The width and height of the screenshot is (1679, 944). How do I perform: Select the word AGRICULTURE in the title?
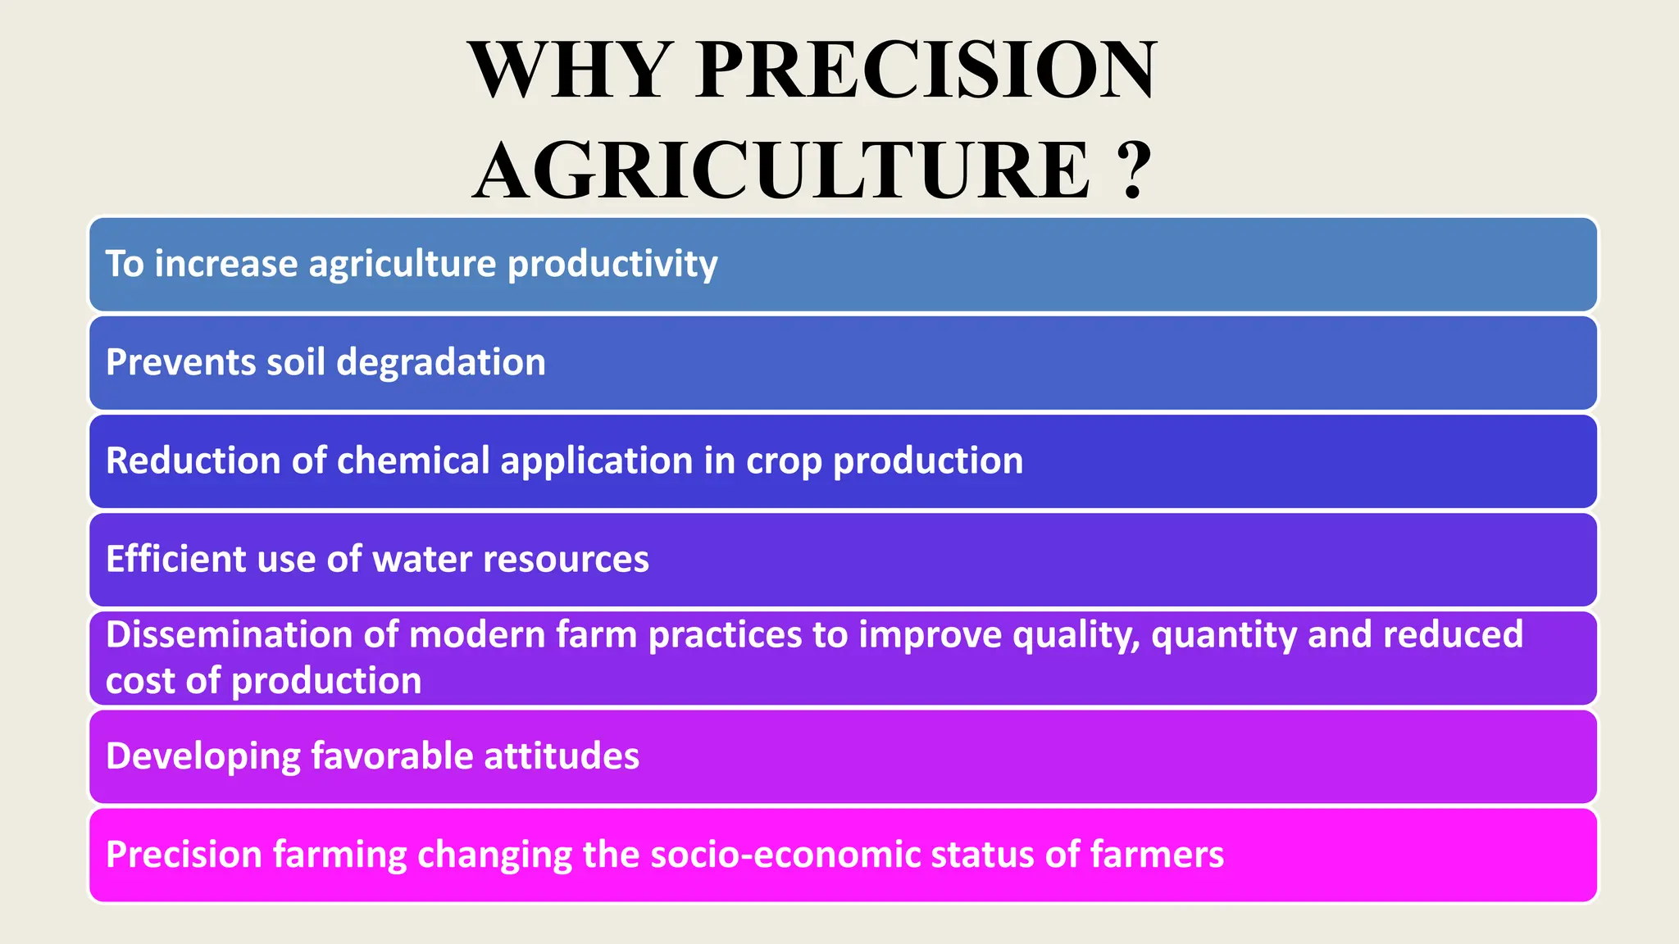point(783,170)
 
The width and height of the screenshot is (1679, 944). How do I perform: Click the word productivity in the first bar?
point(612,264)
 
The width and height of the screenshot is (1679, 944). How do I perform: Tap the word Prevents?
point(180,362)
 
